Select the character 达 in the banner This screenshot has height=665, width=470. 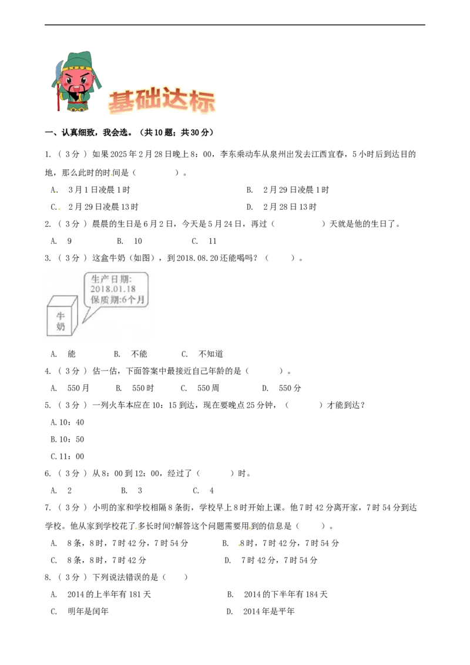(x=176, y=102)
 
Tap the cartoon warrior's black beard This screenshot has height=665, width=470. (x=75, y=92)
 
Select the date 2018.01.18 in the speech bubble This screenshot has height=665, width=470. (x=113, y=289)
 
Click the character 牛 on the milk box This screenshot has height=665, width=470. (x=61, y=316)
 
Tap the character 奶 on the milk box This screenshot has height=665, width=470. (x=61, y=327)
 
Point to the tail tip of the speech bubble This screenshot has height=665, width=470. (x=83, y=322)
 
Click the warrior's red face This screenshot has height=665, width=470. (x=76, y=79)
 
